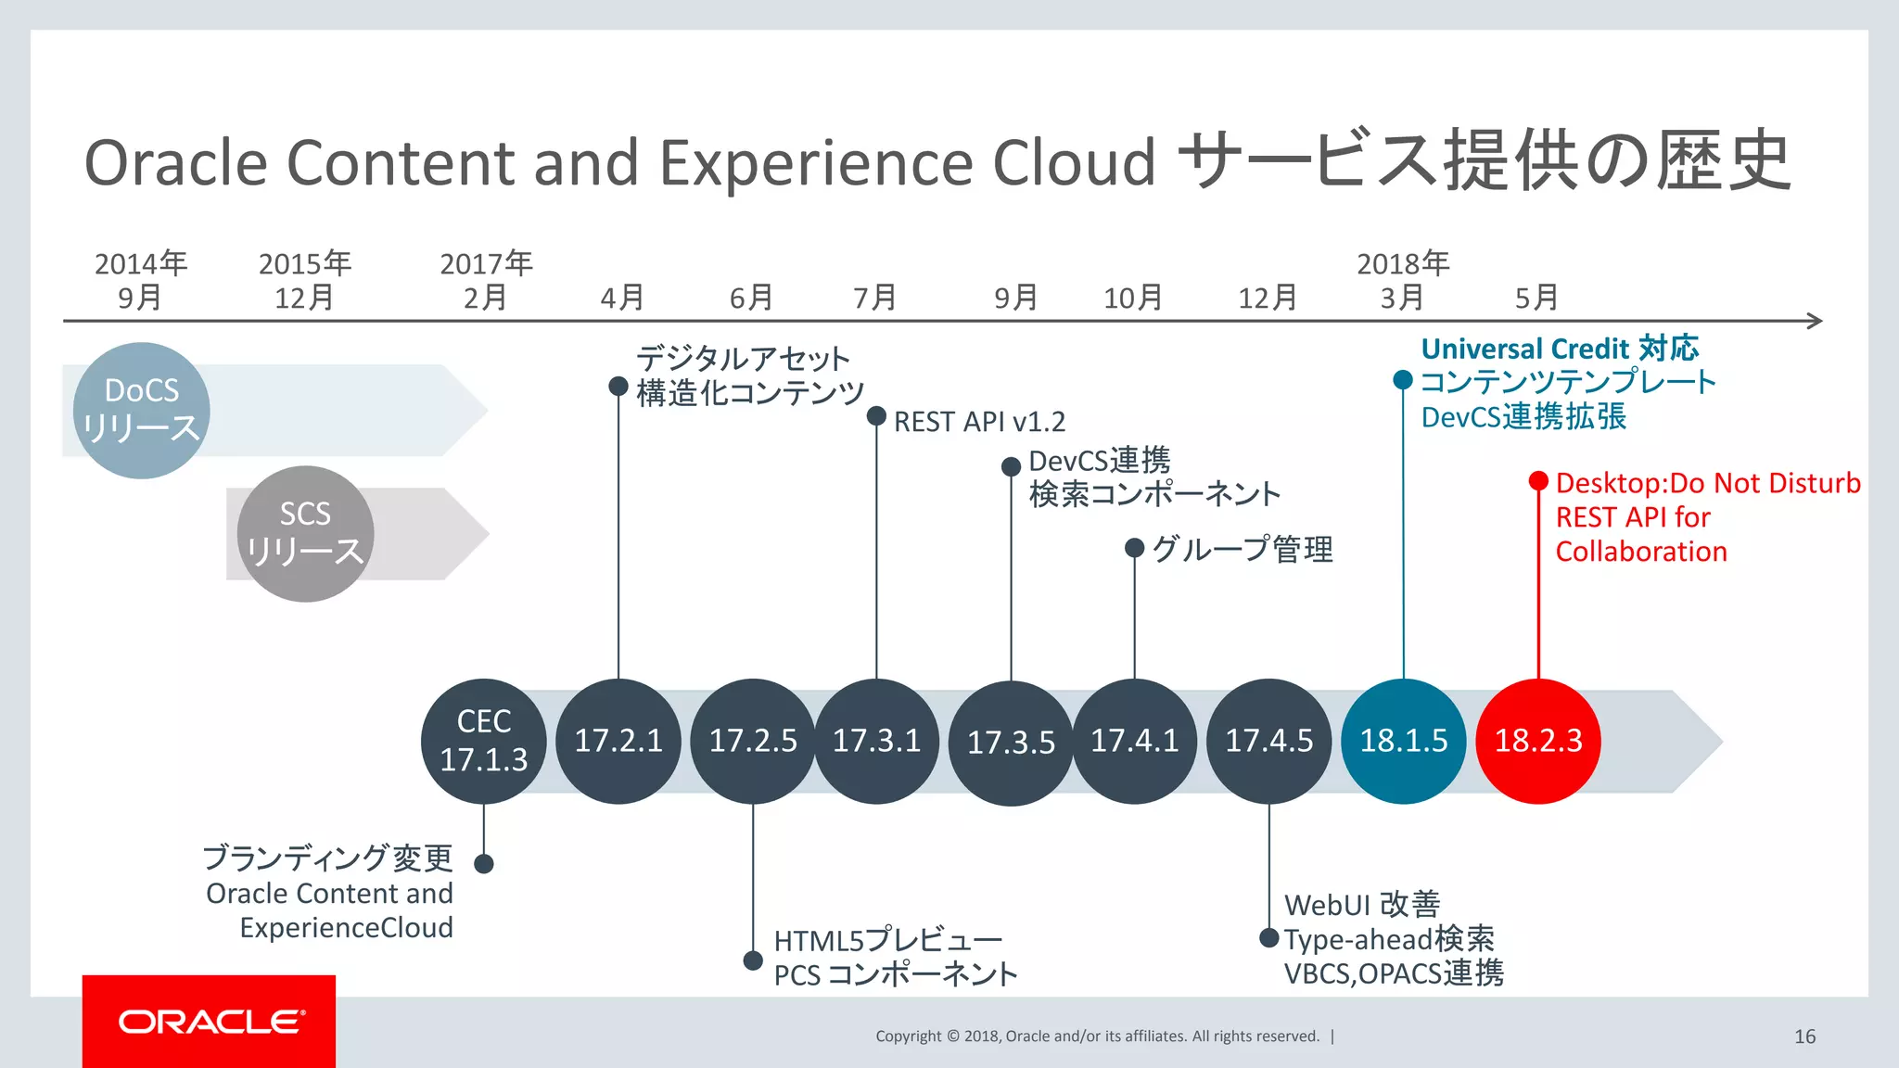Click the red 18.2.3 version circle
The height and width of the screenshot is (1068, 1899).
(1537, 741)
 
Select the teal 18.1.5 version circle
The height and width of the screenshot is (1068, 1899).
(1403, 741)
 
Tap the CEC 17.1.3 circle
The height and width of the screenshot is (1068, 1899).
(483, 741)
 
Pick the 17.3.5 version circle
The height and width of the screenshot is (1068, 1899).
(1011, 743)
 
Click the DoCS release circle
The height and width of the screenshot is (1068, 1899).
(141, 410)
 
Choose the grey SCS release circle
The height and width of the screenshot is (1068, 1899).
(305, 533)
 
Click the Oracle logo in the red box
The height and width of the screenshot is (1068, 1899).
(210, 1022)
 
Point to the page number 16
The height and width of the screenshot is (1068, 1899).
(1804, 1036)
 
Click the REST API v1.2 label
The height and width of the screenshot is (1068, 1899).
(979, 422)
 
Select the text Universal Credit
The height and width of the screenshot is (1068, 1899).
(1524, 349)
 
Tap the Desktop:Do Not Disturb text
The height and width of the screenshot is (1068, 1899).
(1708, 483)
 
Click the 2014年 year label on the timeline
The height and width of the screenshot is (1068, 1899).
(141, 263)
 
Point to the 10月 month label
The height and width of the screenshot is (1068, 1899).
(1132, 298)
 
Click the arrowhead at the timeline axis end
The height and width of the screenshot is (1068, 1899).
(1815, 321)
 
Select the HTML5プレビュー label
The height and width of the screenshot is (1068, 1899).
(887, 940)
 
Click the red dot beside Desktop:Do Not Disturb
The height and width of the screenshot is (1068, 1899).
(1538, 480)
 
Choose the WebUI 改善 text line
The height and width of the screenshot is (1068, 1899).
(1361, 904)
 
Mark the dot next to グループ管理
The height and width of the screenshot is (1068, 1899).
(1134, 548)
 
